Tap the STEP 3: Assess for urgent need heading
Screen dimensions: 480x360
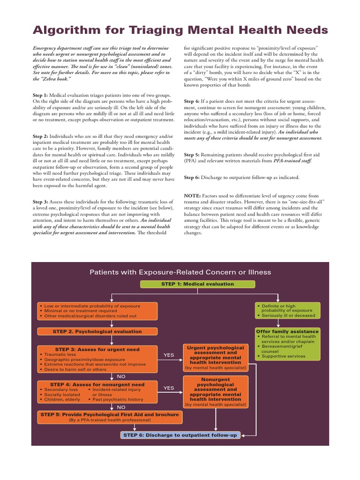click(x=97, y=349)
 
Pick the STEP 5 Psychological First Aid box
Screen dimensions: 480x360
click(x=110, y=417)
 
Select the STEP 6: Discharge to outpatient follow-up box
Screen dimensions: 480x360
click(x=181, y=435)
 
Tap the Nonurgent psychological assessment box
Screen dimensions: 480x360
click(x=215, y=391)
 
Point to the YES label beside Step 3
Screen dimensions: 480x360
click(x=168, y=355)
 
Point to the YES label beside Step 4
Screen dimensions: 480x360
click(x=168, y=388)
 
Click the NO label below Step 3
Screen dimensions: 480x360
click(x=121, y=376)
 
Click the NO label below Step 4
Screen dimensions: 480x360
click(x=121, y=407)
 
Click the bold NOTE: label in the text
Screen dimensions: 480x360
click(x=192, y=195)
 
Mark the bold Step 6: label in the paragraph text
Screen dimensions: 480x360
click(x=191, y=177)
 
